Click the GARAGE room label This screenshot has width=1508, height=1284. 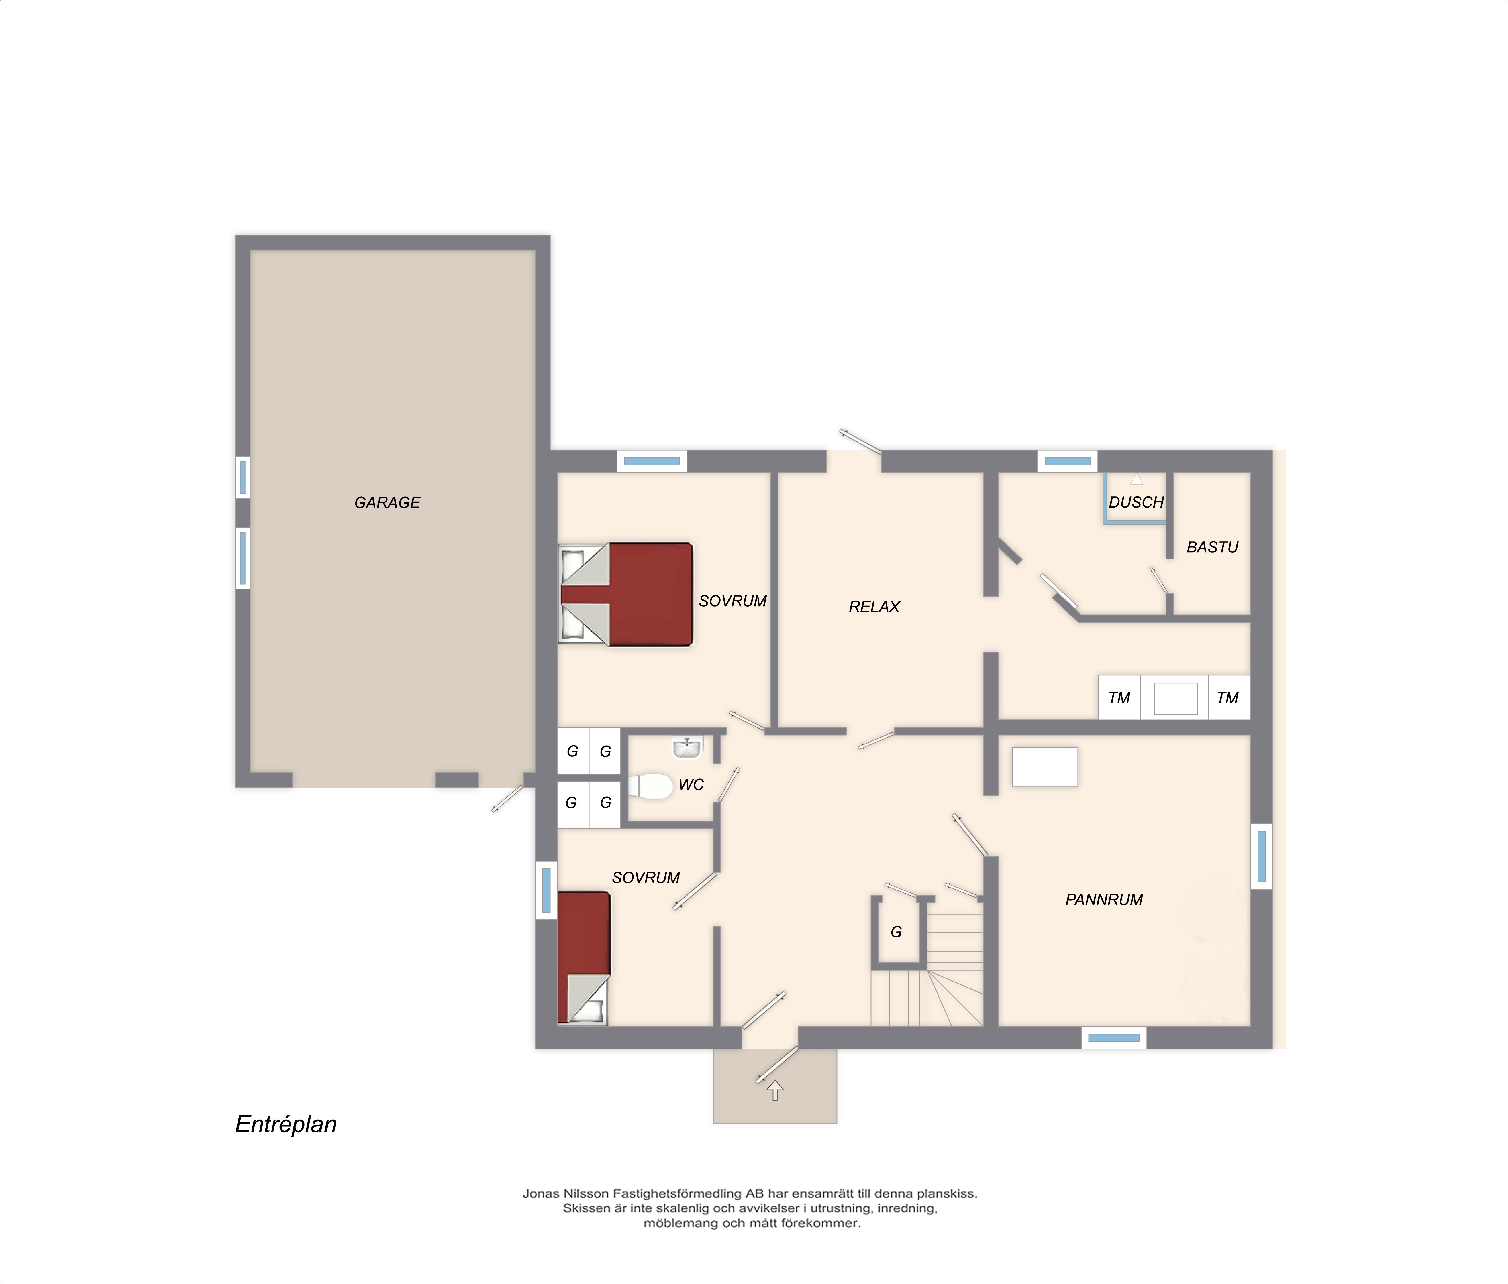(387, 503)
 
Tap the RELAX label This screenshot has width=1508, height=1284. (874, 607)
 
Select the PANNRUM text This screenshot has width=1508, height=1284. (1103, 900)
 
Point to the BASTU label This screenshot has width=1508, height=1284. (1212, 547)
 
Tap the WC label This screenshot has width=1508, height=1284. (691, 785)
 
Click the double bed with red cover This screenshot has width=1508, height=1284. (625, 594)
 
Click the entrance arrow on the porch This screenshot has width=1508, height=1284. (775, 1090)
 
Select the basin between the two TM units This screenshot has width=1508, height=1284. (1175, 698)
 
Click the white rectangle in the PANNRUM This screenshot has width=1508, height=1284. (1044, 767)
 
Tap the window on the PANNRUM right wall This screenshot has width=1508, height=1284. (1261, 856)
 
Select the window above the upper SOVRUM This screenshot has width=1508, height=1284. (652, 461)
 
